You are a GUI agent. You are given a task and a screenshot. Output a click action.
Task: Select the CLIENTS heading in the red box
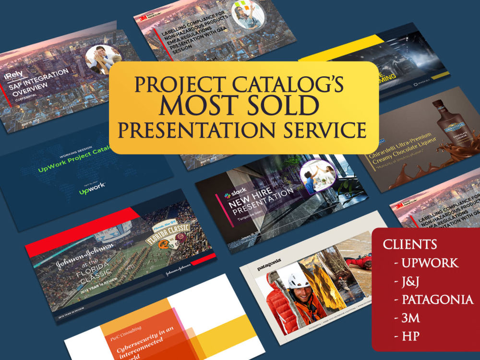click(x=410, y=244)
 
